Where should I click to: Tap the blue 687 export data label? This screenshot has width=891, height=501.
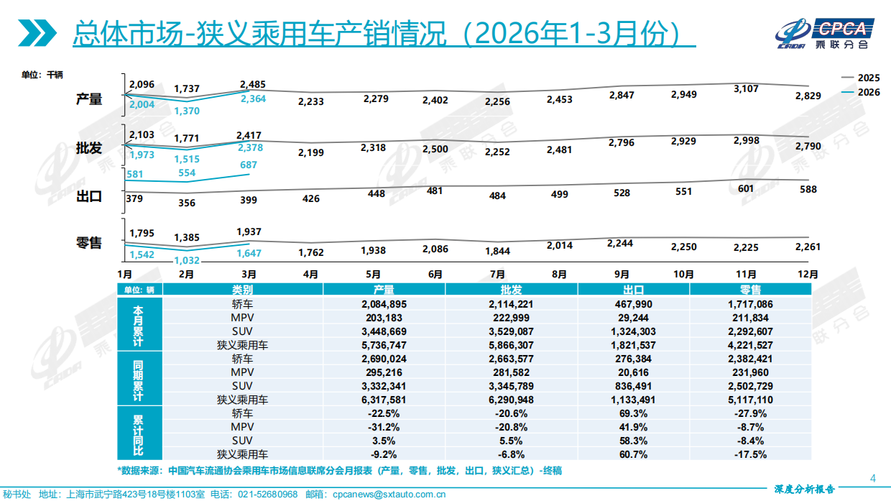coord(249,165)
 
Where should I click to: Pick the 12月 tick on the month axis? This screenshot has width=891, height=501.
coord(808,274)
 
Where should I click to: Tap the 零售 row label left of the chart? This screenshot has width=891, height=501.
coord(89,243)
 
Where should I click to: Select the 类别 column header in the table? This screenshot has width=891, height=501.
coord(243,290)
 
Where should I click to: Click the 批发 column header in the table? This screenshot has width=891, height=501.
coord(512,290)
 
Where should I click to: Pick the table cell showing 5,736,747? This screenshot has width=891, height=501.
coord(384,344)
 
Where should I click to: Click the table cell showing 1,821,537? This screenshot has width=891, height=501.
coord(633,344)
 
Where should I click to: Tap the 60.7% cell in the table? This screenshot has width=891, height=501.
coord(633,454)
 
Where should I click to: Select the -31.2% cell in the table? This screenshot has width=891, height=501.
coord(384,426)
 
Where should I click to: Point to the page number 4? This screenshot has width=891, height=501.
coord(873,478)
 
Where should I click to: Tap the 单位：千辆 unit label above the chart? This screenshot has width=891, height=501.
coord(42,74)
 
